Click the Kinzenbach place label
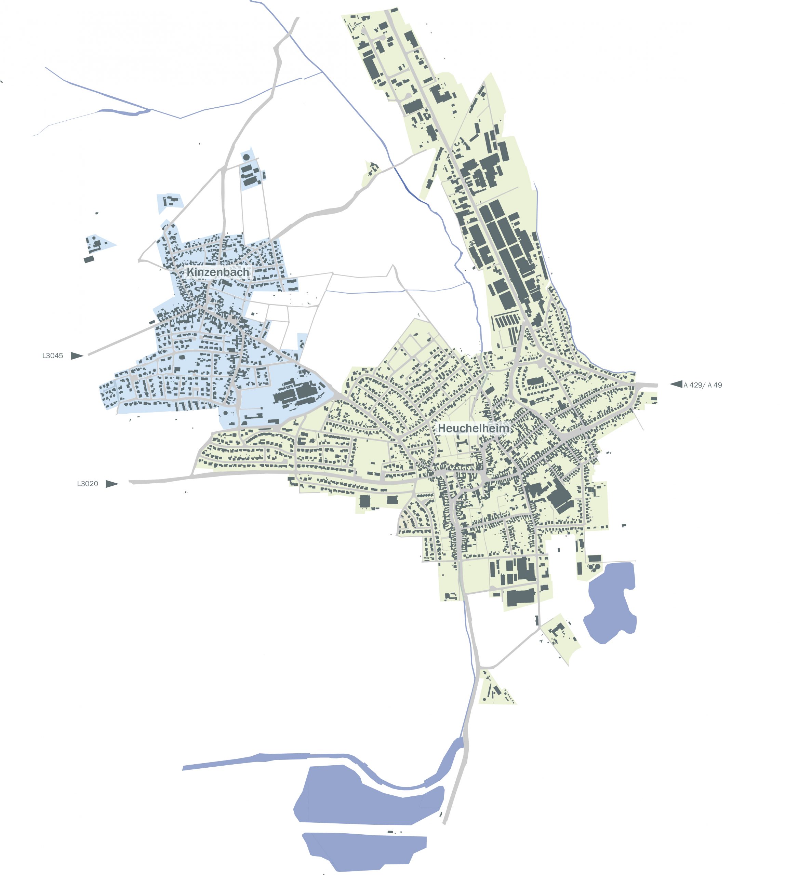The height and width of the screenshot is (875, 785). click(217, 272)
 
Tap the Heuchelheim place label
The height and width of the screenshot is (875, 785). click(474, 428)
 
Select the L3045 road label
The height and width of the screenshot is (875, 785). click(53, 356)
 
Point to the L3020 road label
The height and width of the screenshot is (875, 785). click(88, 484)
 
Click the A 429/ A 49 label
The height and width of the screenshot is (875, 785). click(702, 385)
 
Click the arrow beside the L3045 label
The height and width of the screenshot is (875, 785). click(77, 356)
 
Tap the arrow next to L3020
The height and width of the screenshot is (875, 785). click(112, 484)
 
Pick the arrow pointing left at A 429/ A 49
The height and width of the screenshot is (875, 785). click(676, 384)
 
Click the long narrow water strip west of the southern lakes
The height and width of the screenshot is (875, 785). click(246, 760)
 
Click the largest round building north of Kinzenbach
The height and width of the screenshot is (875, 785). click(246, 157)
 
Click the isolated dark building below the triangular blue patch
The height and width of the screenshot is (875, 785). click(89, 259)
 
